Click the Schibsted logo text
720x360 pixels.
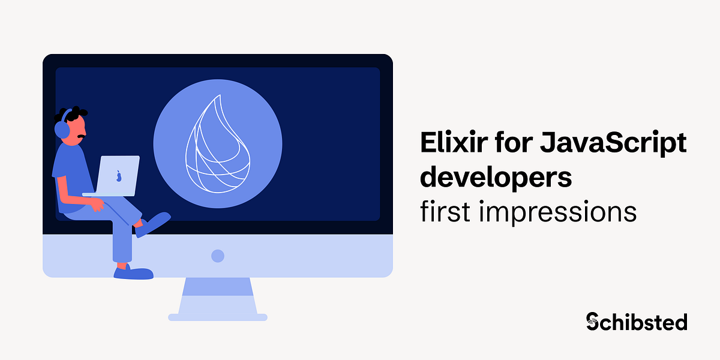pos(637,322)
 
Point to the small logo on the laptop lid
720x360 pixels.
pos(119,176)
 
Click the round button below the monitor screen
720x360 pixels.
pos(218,256)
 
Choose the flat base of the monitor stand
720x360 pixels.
pos(218,317)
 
